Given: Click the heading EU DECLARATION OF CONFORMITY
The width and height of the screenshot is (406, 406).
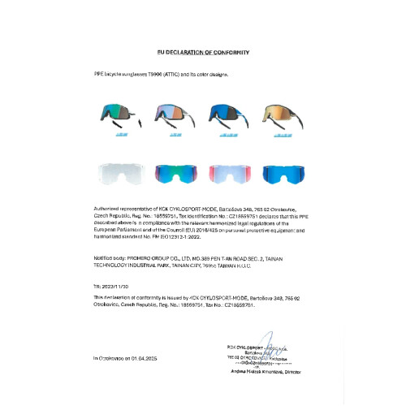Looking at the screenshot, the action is click(x=203, y=53).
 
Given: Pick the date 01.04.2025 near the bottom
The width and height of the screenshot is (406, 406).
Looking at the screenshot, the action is click(x=146, y=358).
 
